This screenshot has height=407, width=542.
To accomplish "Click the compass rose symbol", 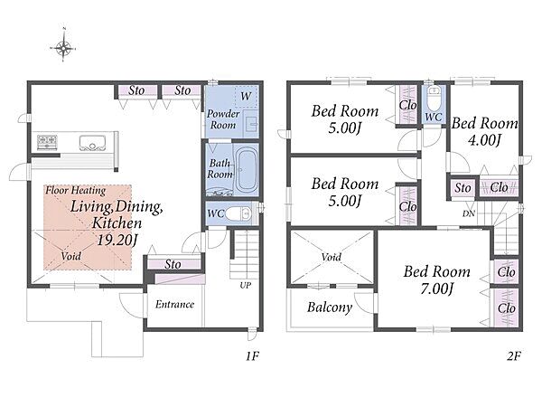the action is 63,47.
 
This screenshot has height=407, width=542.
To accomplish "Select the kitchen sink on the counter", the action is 92,143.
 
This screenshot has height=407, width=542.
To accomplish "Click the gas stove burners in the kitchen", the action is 47,142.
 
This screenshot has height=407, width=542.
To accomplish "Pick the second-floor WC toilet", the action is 434,98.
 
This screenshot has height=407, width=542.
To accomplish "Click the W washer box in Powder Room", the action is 246,96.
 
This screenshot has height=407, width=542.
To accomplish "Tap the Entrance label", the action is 174,304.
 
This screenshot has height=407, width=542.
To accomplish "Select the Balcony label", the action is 330,308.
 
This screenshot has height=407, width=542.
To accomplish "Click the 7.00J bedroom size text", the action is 436,289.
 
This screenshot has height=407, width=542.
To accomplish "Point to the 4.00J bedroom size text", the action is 484,140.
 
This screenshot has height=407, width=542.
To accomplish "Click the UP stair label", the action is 246,286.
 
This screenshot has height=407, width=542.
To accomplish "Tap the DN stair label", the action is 469,213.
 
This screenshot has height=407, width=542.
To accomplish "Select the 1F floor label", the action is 252,355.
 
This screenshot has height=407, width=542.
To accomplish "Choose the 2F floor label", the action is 514,355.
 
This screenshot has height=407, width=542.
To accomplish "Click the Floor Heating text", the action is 76,190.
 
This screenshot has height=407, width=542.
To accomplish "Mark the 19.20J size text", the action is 116,240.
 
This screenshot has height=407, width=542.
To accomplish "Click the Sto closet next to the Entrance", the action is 173,264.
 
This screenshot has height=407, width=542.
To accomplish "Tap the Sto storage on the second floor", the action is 463,188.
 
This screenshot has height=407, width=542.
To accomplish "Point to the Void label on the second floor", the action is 332,257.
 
